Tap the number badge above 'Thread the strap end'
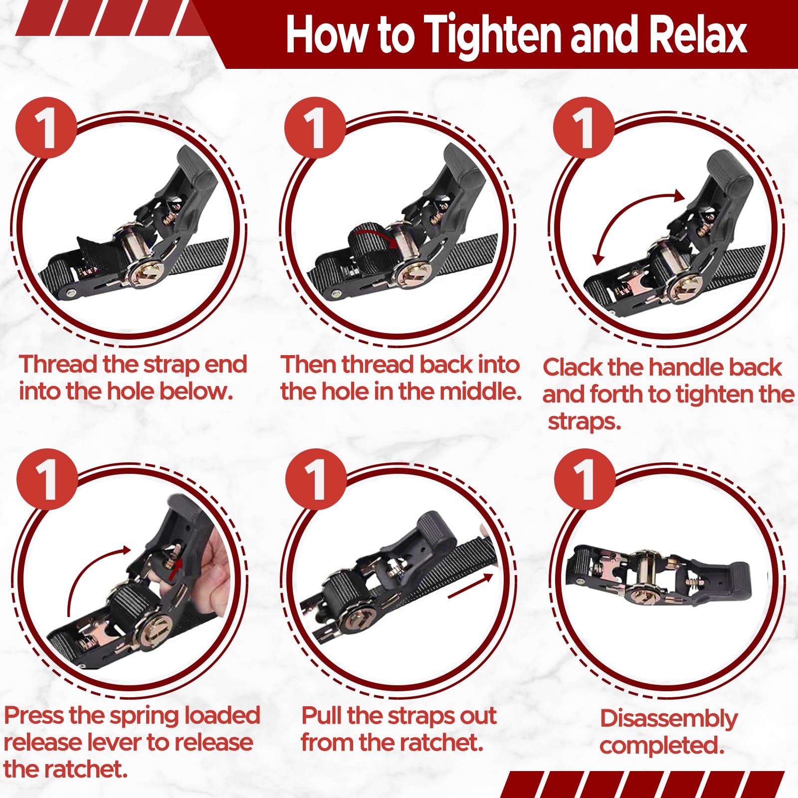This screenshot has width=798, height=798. [x=46, y=127]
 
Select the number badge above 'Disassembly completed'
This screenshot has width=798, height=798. [x=584, y=479]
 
